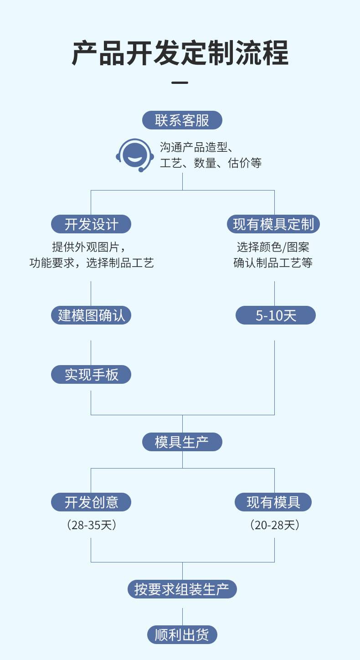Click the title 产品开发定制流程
tap(180, 54)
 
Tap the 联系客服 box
tap(182, 120)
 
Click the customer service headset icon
tap(135, 155)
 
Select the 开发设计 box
tap(91, 224)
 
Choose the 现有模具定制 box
tap(273, 224)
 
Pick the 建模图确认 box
tap(91, 315)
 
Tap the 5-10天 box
tap(275, 315)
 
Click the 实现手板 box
tap(91, 375)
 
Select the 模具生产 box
tap(182, 442)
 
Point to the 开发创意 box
tap(91, 502)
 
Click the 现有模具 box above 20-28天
tap(273, 502)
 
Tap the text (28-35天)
tap(92, 525)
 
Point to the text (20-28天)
tap(275, 525)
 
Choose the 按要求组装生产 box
tap(182, 589)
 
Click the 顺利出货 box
tap(182, 635)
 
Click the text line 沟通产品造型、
tap(196, 147)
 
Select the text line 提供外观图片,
tap(88, 247)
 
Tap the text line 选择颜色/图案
tap(273, 247)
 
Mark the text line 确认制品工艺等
tap(273, 263)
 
